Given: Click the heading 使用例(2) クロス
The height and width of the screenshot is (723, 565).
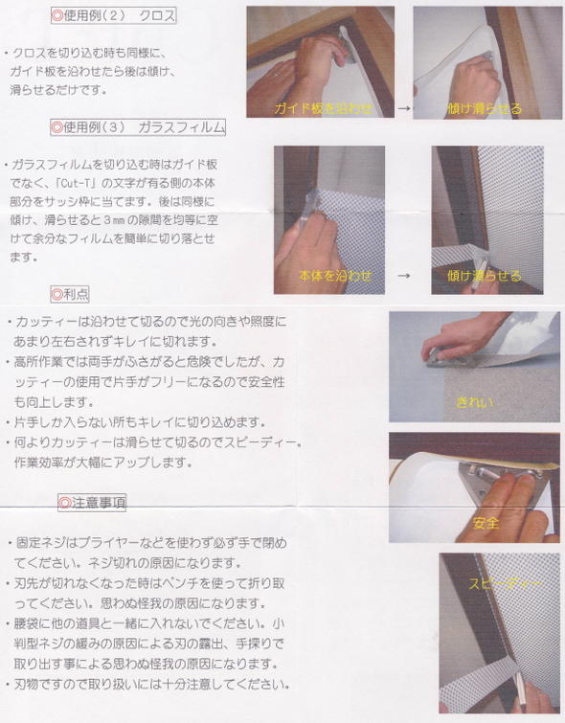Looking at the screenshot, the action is (113, 15).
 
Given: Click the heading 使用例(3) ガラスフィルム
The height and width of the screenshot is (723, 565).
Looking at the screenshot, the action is (138, 126).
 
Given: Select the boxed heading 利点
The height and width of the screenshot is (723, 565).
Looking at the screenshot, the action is (70, 294).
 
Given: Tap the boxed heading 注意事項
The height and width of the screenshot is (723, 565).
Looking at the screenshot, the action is (92, 502).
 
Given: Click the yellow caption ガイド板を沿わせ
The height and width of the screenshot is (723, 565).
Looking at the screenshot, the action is (324, 108).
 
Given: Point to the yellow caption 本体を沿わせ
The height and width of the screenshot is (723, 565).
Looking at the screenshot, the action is (335, 276).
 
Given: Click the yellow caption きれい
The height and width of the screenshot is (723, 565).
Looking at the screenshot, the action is (475, 402).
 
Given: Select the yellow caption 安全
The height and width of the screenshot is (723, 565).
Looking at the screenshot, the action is (486, 523).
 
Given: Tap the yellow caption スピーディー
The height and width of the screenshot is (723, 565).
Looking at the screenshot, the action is (505, 584).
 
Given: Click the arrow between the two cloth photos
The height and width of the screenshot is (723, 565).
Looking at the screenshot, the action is (404, 108).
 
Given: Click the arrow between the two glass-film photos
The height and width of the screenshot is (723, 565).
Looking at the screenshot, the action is (404, 276).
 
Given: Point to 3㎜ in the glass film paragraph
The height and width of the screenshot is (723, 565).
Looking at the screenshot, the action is (113, 220).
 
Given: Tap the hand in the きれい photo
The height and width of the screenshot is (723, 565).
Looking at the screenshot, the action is (462, 336).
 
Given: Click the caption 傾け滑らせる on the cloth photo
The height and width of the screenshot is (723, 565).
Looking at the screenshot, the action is (485, 108).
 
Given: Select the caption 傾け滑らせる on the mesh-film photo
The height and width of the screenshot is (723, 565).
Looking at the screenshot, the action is (485, 276).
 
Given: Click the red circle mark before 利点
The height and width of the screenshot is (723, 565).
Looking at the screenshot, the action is (56, 294).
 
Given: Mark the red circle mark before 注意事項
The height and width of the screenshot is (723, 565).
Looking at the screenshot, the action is (65, 502).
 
